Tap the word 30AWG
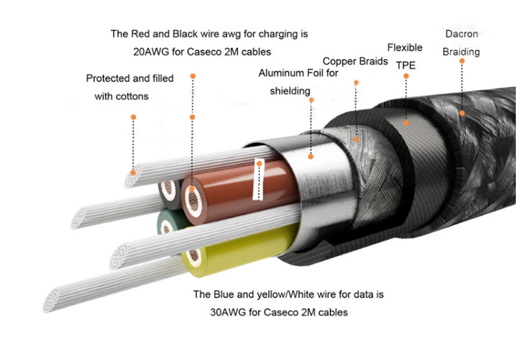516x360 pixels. coord(227,312)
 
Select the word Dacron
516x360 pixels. coord(461,33)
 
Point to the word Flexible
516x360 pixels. coord(404,48)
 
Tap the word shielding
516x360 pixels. coord(290,90)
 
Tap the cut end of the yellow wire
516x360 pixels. coord(195,258)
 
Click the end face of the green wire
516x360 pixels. coord(169,223)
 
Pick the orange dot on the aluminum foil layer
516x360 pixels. coord(311,157)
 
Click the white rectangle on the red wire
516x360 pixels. coord(259,180)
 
